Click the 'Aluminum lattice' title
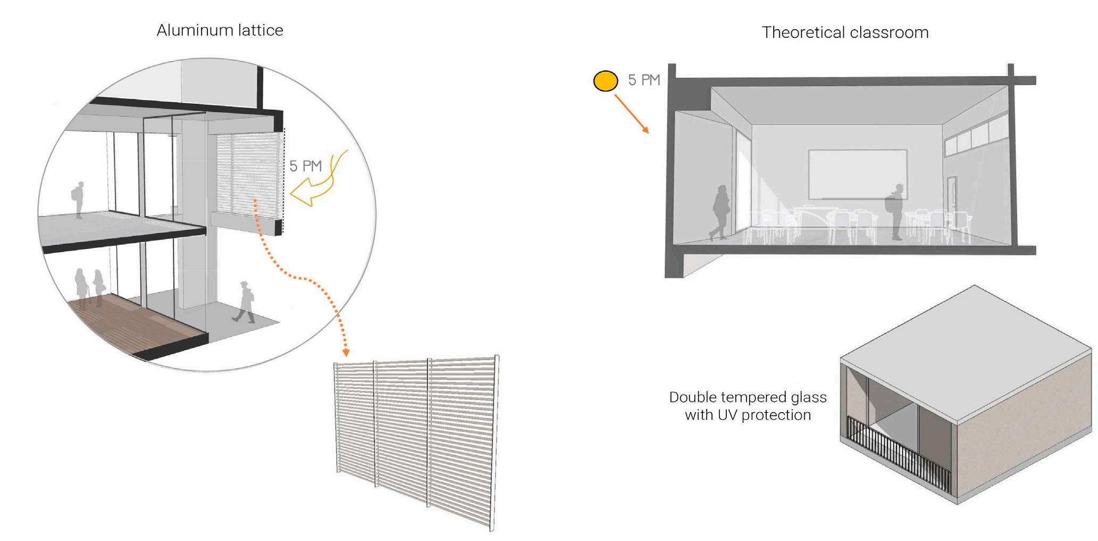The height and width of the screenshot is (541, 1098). [x=220, y=30]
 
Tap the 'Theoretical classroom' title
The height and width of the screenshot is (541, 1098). [x=845, y=32]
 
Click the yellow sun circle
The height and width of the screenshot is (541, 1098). [x=605, y=81]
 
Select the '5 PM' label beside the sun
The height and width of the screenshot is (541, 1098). [x=643, y=80]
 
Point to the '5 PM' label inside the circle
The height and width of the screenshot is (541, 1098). [x=306, y=166]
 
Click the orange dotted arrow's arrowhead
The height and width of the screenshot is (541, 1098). [x=346, y=352]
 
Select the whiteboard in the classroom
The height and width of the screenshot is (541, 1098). [x=857, y=173]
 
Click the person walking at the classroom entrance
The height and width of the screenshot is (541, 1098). [x=719, y=213]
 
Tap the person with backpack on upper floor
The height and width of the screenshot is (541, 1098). [x=79, y=200]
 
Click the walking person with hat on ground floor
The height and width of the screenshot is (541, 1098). [x=245, y=302]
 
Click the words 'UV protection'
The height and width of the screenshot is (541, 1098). [x=765, y=415]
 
